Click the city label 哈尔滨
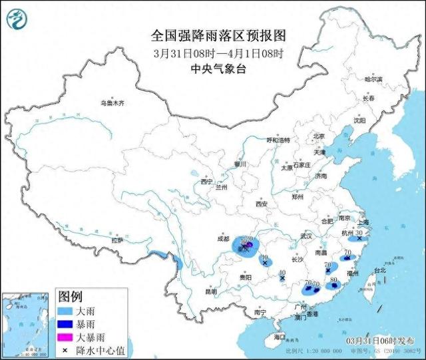click(x=373, y=79)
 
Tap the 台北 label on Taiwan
click(x=379, y=271)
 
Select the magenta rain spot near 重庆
click(x=247, y=244)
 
